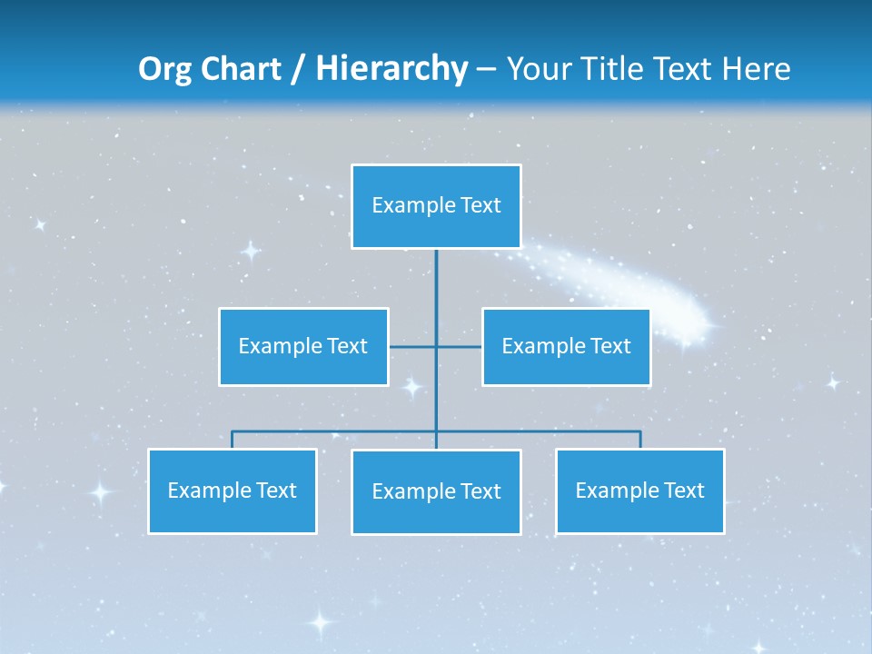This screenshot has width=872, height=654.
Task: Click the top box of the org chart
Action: (436, 206)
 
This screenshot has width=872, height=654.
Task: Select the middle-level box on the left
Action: (303, 346)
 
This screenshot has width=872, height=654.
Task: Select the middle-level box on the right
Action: (566, 346)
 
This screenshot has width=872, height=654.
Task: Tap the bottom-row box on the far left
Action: (233, 491)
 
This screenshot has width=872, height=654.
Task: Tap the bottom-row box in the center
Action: (436, 491)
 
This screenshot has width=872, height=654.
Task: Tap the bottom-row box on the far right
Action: (640, 491)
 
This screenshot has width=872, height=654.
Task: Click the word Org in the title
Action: (165, 69)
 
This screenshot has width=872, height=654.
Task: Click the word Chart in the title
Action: (241, 69)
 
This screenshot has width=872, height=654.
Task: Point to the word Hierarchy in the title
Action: (391, 69)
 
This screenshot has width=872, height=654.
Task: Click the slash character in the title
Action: (298, 70)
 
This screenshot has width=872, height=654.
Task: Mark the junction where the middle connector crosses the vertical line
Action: (436, 346)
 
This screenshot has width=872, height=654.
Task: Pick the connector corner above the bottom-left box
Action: (233, 431)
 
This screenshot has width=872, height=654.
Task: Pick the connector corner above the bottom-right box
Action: (640, 431)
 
